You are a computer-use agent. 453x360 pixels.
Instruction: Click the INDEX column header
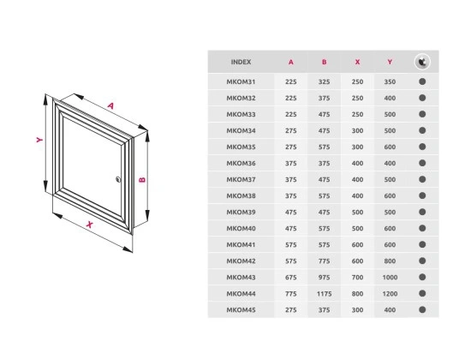pyautogui.click(x=241, y=62)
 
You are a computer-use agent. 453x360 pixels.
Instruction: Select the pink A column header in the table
pyautogui.click(x=290, y=62)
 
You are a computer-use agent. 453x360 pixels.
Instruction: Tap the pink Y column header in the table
pyautogui.click(x=390, y=62)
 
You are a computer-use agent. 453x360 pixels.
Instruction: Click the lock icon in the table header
pyautogui.click(x=422, y=62)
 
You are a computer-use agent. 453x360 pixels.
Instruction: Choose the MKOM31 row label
pyautogui.click(x=241, y=81)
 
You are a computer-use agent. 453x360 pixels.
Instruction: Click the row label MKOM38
pyautogui.click(x=241, y=196)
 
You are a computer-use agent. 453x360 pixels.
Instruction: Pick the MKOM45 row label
pyautogui.click(x=241, y=310)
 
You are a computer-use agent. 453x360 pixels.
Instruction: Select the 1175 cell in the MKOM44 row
pyautogui.click(x=325, y=294)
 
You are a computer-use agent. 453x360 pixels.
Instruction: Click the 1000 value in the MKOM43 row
pyautogui.click(x=390, y=278)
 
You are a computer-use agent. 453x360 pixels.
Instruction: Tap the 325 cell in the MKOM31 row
pyautogui.click(x=325, y=81)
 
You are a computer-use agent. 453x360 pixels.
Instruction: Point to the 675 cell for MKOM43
pyautogui.click(x=290, y=278)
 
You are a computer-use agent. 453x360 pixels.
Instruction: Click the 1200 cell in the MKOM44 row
pyautogui.click(x=390, y=294)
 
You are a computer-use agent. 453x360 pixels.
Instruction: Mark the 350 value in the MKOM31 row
pyautogui.click(x=390, y=81)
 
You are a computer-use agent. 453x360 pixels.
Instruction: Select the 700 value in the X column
pyautogui.click(x=357, y=278)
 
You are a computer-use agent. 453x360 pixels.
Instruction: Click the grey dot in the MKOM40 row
pyautogui.click(x=422, y=229)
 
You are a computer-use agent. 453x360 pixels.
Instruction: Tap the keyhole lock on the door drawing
pyautogui.click(x=118, y=179)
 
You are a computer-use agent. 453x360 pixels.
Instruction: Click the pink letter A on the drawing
pyautogui.click(x=110, y=105)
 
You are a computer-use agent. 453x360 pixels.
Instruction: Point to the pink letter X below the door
pyautogui.click(x=90, y=225)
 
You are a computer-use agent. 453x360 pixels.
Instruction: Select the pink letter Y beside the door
pyautogui.click(x=39, y=140)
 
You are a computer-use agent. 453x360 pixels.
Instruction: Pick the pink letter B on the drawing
pyautogui.click(x=142, y=180)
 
